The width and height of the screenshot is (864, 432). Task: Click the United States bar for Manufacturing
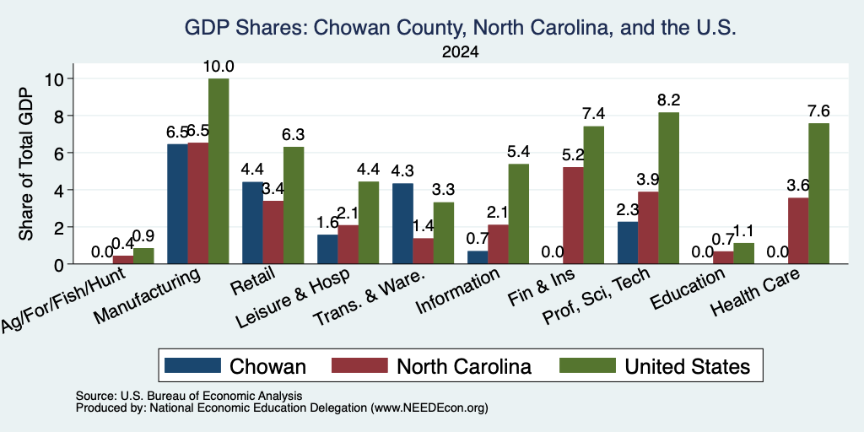[219, 171]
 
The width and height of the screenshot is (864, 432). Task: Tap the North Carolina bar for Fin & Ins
[573, 215]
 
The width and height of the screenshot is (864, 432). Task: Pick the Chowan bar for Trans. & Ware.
[402, 224]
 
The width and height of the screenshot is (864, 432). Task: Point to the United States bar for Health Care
[818, 193]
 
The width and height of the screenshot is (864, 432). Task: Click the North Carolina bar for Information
[498, 244]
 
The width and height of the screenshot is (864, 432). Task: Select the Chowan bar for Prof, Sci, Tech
[628, 243]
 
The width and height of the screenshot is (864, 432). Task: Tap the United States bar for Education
[744, 253]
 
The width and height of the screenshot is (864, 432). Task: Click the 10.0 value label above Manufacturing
[219, 67]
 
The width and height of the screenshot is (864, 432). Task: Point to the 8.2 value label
[669, 100]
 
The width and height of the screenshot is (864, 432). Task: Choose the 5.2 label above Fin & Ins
[573, 156]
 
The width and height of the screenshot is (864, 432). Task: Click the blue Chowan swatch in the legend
[192, 365]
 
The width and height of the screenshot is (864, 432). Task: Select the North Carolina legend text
[464, 366]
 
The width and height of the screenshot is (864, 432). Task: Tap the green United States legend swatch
[587, 365]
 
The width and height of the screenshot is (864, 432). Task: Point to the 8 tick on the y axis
[62, 116]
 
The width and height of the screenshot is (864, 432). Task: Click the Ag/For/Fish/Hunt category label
[63, 300]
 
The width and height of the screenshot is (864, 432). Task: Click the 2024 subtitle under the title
[460, 52]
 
